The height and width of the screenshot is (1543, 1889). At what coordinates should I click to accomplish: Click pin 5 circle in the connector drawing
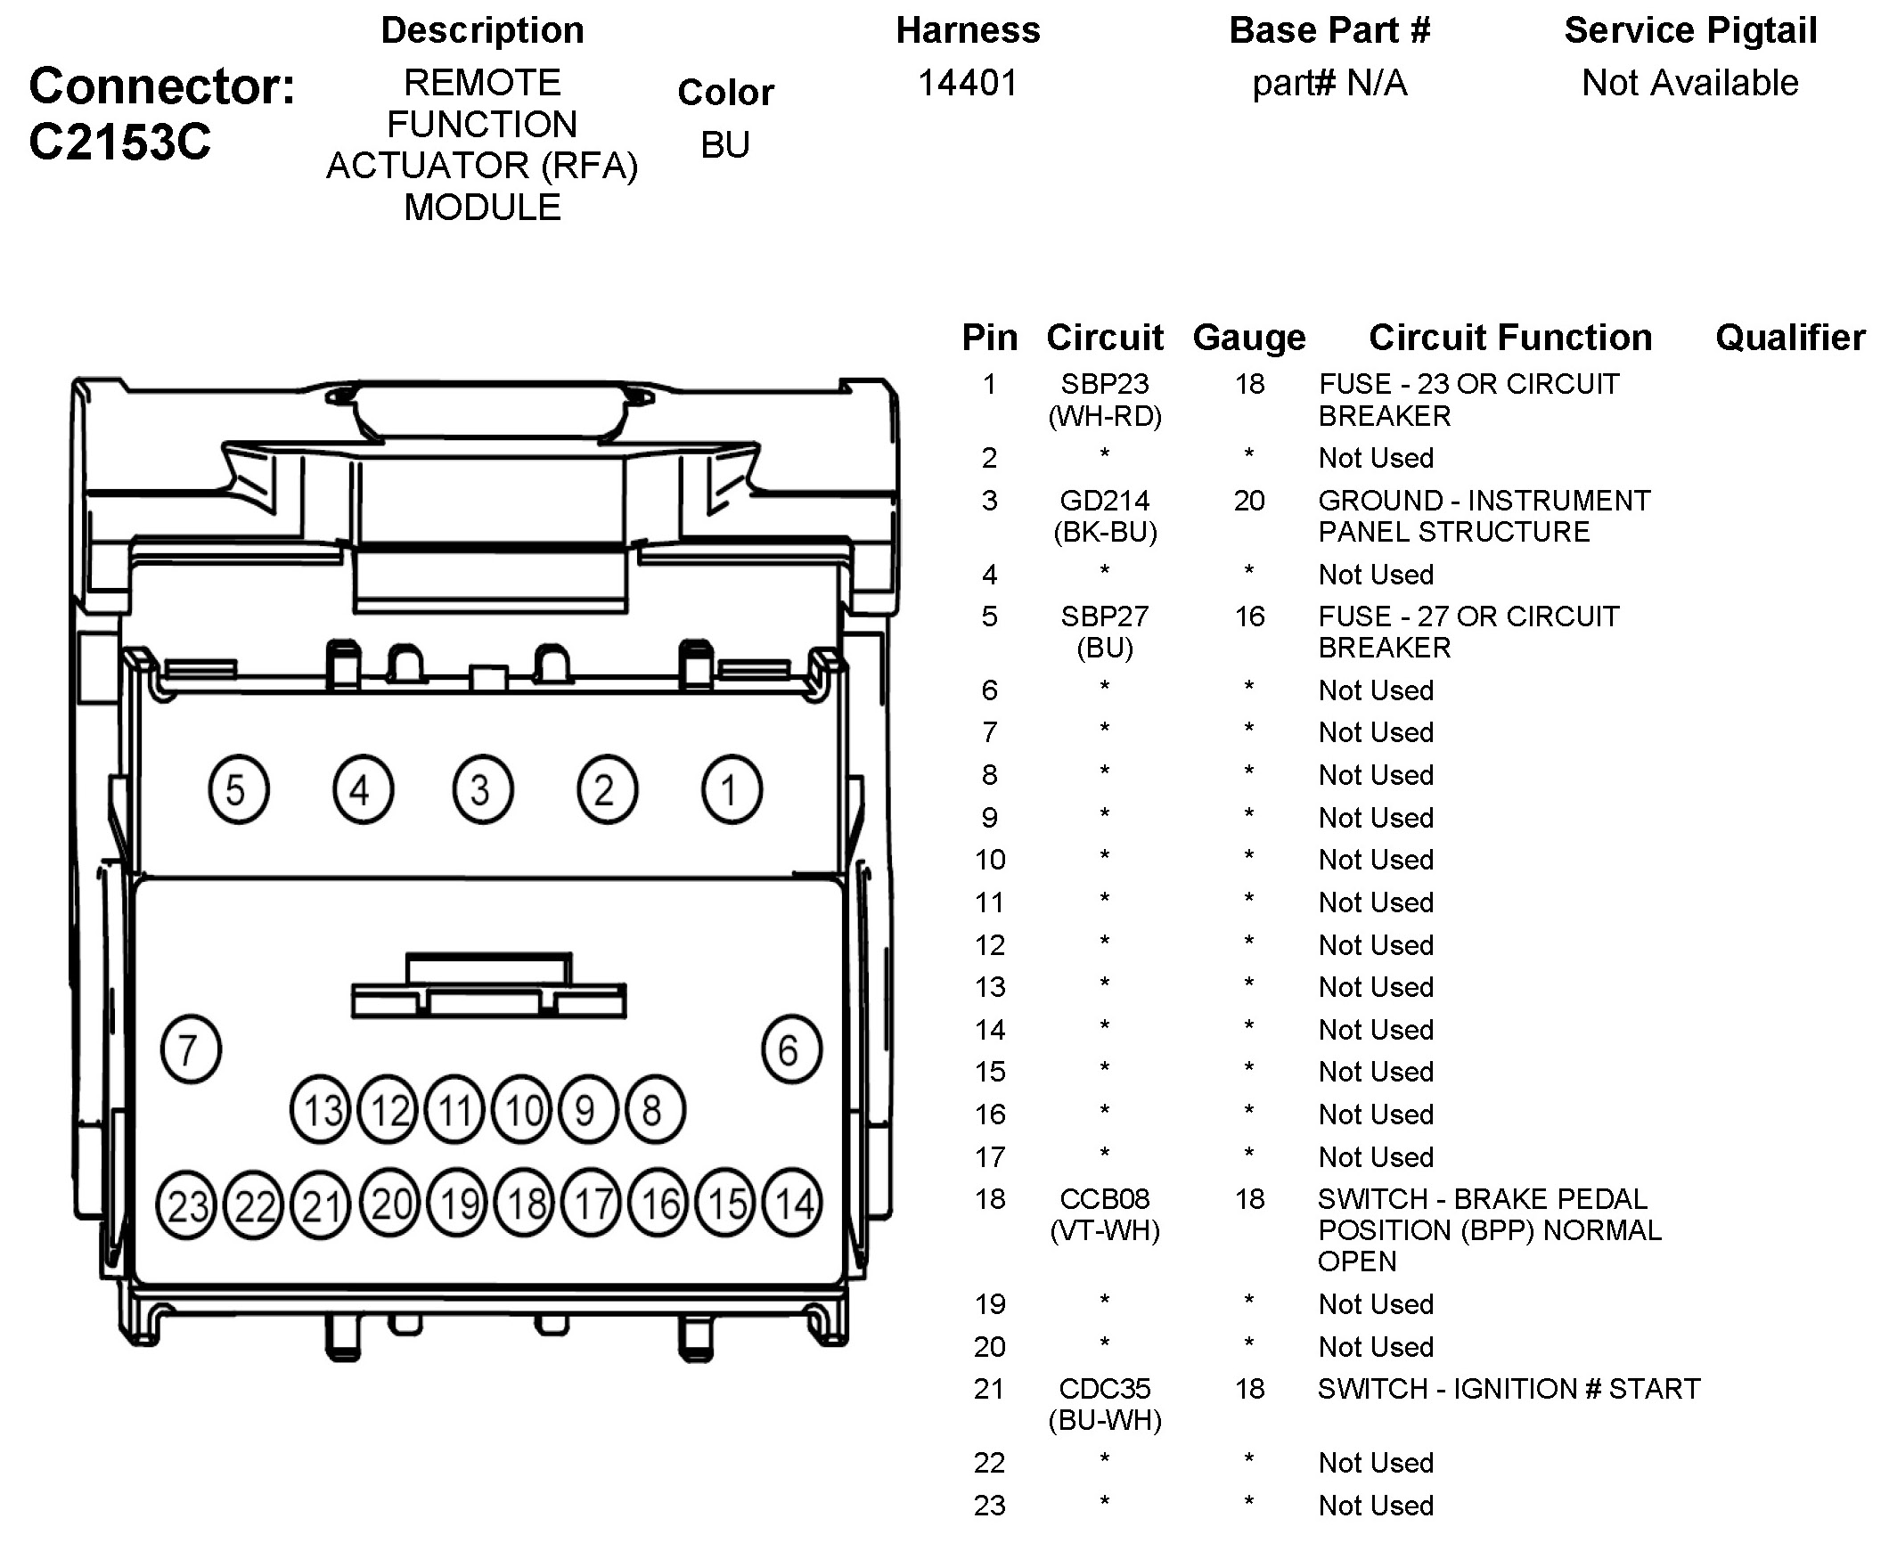pyautogui.click(x=238, y=789)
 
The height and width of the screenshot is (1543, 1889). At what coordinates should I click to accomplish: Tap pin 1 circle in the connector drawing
pyautogui.click(x=732, y=789)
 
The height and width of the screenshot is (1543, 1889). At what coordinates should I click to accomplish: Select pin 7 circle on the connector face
pyautogui.click(x=191, y=1049)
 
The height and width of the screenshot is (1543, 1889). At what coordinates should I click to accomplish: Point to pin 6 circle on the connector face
pyautogui.click(x=791, y=1049)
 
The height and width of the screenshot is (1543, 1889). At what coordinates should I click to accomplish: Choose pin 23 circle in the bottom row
pyautogui.click(x=186, y=1205)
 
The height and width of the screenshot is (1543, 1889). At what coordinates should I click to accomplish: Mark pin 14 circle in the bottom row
pyautogui.click(x=793, y=1204)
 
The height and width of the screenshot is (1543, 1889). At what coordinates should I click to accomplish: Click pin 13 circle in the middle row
pyautogui.click(x=321, y=1110)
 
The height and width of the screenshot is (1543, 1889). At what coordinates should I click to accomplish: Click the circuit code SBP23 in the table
pyautogui.click(x=1104, y=384)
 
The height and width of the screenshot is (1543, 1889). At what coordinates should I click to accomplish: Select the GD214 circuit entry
pyautogui.click(x=1104, y=501)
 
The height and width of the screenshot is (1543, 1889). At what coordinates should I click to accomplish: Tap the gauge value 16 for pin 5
pyautogui.click(x=1249, y=616)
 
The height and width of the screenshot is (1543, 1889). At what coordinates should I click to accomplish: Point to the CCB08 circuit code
pyautogui.click(x=1104, y=1199)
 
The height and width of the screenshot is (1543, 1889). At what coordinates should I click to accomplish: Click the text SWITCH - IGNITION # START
pyautogui.click(x=1509, y=1389)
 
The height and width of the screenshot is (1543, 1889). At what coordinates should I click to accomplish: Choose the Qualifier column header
pyautogui.click(x=1789, y=338)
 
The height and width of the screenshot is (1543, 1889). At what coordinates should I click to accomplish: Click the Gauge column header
pyautogui.click(x=1249, y=338)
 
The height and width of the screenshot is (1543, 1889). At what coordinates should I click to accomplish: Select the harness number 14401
pyautogui.click(x=968, y=83)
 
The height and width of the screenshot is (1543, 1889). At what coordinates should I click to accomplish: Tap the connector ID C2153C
pyautogui.click(x=120, y=142)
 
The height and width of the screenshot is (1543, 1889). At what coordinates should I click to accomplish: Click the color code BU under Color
pyautogui.click(x=725, y=144)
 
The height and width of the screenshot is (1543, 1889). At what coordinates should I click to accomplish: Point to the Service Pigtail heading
pyautogui.click(x=1690, y=30)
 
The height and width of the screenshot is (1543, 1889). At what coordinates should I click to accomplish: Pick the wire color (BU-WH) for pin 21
pyautogui.click(x=1105, y=1420)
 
